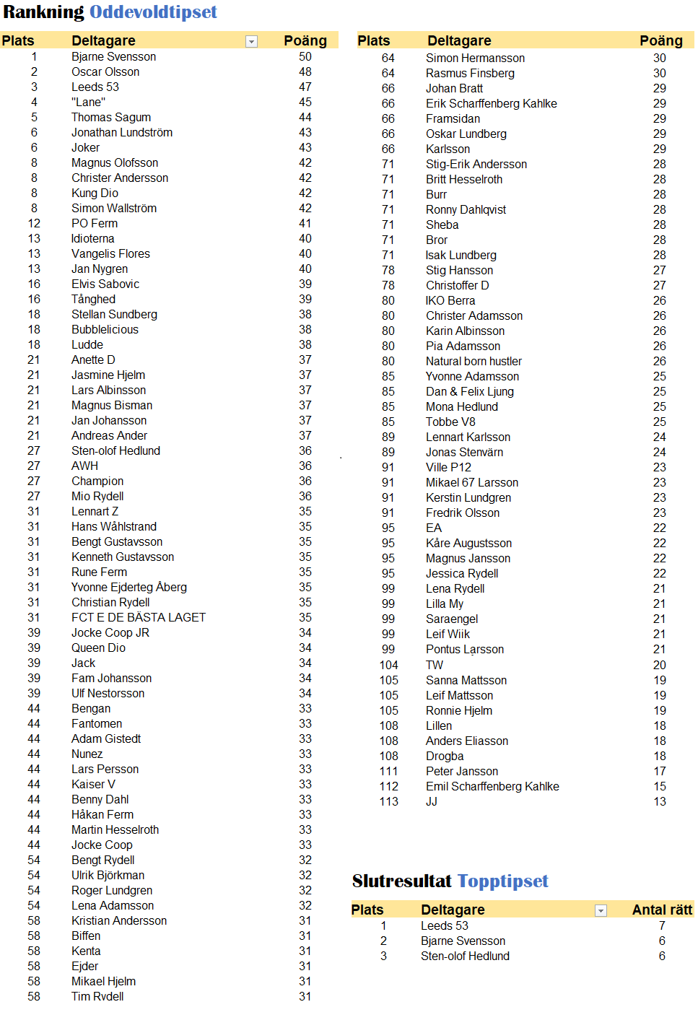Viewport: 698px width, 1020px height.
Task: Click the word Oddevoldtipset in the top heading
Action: (x=153, y=12)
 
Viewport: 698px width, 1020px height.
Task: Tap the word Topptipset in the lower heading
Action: (x=502, y=881)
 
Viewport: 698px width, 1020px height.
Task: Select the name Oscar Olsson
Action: (x=105, y=72)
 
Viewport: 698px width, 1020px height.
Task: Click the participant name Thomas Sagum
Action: (x=111, y=118)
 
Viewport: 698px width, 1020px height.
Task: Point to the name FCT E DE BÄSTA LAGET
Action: (x=139, y=618)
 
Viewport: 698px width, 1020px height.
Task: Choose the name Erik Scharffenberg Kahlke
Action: (x=491, y=104)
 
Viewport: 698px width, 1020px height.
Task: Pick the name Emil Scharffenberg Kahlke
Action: (x=492, y=787)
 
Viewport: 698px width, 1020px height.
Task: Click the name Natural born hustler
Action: (x=474, y=362)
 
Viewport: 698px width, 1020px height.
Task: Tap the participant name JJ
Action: (x=432, y=802)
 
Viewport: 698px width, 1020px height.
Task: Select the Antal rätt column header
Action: (x=661, y=910)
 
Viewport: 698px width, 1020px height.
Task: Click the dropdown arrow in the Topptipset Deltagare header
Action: (x=601, y=911)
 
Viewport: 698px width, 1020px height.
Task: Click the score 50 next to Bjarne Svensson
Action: (x=305, y=57)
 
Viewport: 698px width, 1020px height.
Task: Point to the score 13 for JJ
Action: (x=660, y=802)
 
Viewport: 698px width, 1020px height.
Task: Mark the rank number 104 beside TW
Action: (x=388, y=666)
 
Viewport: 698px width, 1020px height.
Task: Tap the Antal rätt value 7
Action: (x=662, y=926)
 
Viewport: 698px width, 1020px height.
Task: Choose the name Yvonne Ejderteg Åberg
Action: (x=129, y=588)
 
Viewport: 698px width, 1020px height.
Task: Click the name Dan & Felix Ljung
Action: (x=470, y=392)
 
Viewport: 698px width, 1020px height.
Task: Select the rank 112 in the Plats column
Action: (x=388, y=787)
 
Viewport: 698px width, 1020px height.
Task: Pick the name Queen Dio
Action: (x=98, y=648)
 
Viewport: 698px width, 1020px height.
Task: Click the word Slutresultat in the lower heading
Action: (x=401, y=881)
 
